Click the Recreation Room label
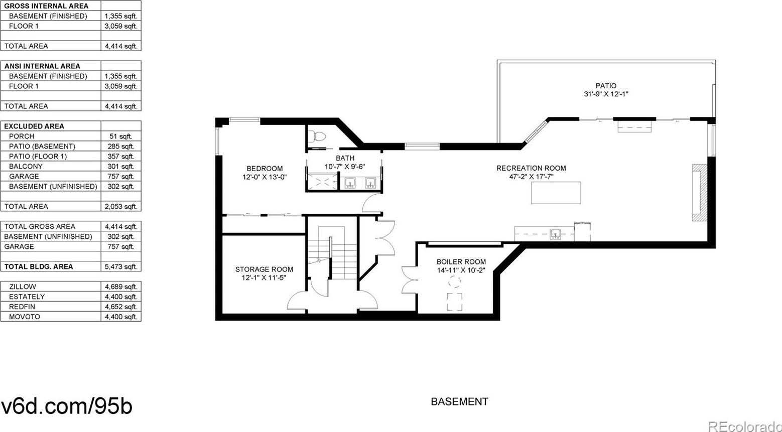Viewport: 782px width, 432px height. pyautogui.click(x=531, y=168)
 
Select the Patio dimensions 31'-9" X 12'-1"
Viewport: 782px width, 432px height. pyautogui.click(x=606, y=94)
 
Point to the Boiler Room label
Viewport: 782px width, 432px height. pyautogui.click(x=461, y=262)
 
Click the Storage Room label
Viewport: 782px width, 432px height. pyautogui.click(x=264, y=269)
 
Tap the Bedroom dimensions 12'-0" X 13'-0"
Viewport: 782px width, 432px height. pyautogui.click(x=265, y=177)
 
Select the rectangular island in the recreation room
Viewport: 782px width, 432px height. pyautogui.click(x=556, y=193)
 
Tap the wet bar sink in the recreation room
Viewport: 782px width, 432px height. pyautogui.click(x=555, y=234)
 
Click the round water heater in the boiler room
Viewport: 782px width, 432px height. pyautogui.click(x=455, y=281)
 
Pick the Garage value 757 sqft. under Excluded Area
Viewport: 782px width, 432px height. pyautogui.click(x=121, y=176)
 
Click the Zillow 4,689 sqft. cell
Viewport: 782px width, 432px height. pyautogui.click(x=121, y=286)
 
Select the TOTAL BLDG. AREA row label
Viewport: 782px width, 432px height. pyautogui.click(x=39, y=266)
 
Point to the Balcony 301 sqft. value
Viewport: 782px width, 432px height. pyautogui.click(x=121, y=167)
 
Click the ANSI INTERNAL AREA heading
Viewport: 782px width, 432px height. pyautogui.click(x=42, y=66)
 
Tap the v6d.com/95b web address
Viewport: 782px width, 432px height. pyautogui.click(x=67, y=406)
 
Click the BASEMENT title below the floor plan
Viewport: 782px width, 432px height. pyautogui.click(x=459, y=401)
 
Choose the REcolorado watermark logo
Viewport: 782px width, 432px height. pyautogui.click(x=745, y=426)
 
